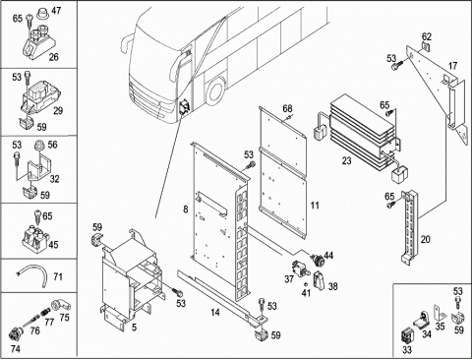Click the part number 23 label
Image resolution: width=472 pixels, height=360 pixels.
click(x=346, y=160)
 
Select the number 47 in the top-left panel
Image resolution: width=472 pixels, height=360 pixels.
click(x=56, y=11)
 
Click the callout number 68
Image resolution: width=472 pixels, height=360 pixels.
click(x=287, y=108)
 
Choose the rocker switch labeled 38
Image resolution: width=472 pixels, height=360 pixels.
click(x=320, y=280)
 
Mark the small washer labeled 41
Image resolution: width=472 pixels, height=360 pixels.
click(x=305, y=284)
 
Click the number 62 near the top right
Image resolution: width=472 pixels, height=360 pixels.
click(x=427, y=36)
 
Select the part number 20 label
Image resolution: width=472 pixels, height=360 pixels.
click(x=425, y=239)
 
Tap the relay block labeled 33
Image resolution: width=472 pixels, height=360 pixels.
click(x=408, y=336)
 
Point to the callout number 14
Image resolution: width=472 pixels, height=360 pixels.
click(x=215, y=312)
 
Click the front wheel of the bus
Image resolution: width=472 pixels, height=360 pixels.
click(x=215, y=90)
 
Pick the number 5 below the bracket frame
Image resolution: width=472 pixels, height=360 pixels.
click(x=134, y=327)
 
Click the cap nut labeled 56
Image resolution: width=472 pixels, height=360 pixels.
click(x=39, y=145)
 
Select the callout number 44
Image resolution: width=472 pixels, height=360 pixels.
click(x=328, y=255)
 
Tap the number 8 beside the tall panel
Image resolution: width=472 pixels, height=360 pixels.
click(x=186, y=209)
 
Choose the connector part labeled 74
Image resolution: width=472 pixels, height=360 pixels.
click(x=15, y=333)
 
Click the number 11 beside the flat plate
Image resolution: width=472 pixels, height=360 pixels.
click(x=315, y=206)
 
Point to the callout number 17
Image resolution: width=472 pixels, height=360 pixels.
click(x=452, y=66)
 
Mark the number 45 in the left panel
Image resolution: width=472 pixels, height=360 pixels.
click(x=53, y=245)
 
